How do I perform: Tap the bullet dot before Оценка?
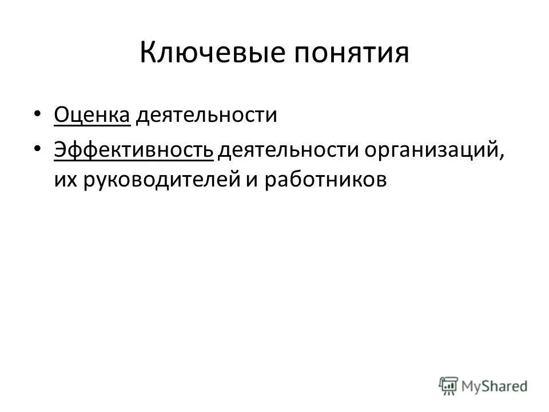37,114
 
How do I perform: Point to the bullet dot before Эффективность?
37,148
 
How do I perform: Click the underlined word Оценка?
93,116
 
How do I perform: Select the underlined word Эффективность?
134,150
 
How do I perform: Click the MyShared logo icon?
449,386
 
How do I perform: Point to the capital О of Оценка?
61,116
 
